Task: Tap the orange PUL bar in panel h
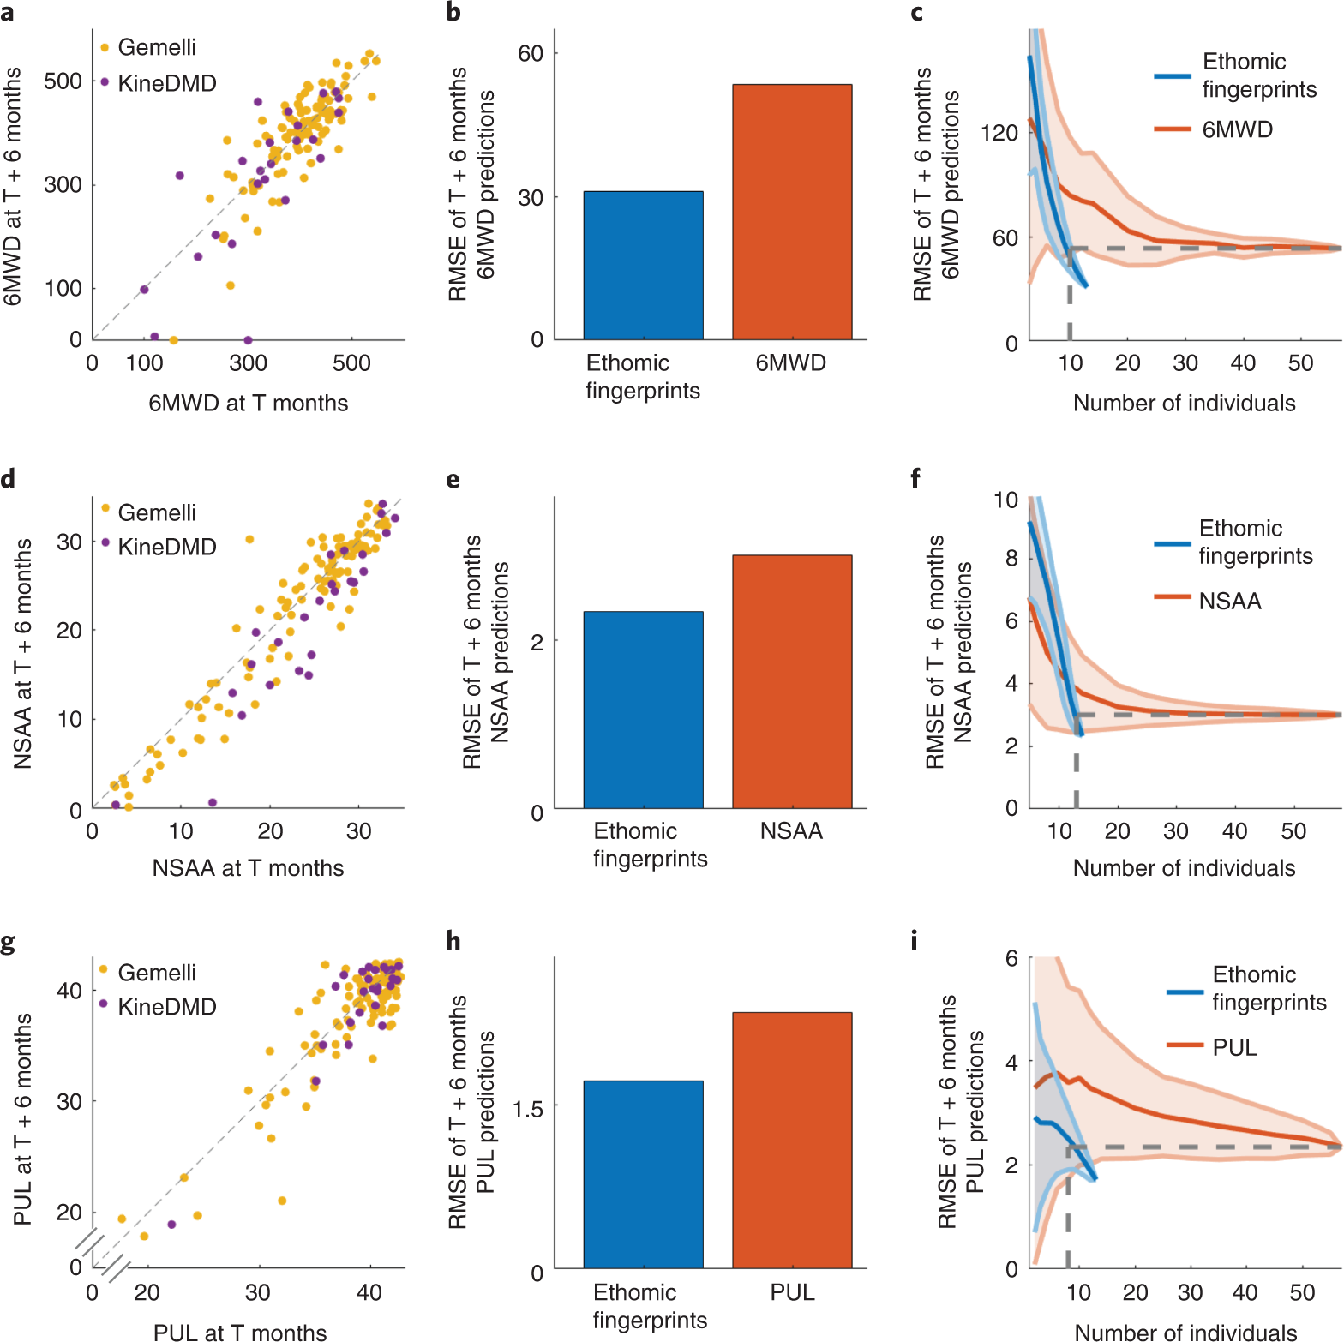click(x=792, y=1140)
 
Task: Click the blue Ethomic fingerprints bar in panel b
click(x=643, y=266)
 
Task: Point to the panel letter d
click(x=9, y=478)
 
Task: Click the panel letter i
click(x=914, y=941)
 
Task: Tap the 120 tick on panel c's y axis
click(x=999, y=133)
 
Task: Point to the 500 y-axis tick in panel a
click(x=63, y=81)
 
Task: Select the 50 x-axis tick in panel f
click(x=1293, y=831)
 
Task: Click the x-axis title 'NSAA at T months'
click(x=248, y=868)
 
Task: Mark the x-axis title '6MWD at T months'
click(x=248, y=403)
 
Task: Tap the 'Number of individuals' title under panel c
click(x=1184, y=403)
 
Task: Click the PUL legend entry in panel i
click(x=1234, y=1047)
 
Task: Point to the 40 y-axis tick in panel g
click(x=69, y=991)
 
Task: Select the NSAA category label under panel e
click(x=791, y=831)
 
